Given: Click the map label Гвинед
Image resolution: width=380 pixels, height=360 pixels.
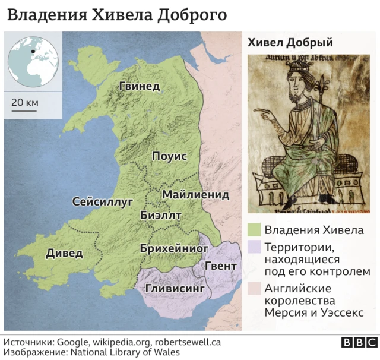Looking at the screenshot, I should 140,86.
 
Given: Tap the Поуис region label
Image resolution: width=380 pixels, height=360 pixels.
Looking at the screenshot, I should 169,156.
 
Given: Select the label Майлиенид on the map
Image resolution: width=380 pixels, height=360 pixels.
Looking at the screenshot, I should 195,194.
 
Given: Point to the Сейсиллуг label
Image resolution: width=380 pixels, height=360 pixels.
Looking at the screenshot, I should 102,201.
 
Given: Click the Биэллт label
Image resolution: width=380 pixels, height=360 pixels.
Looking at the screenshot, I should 161,215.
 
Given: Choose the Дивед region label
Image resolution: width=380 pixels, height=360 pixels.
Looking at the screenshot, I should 64,253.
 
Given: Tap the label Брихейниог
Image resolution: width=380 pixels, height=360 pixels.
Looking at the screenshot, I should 170,247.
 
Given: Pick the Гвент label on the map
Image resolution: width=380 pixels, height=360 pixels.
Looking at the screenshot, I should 221,266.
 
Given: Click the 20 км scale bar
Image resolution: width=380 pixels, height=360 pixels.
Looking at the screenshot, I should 25,109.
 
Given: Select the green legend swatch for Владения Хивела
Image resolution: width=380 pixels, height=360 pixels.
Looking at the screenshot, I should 255,230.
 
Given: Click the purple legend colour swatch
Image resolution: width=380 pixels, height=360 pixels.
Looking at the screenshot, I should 255,247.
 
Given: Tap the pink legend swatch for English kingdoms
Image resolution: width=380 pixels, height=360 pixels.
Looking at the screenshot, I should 255,288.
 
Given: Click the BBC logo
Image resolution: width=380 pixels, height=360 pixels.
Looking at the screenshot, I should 359,343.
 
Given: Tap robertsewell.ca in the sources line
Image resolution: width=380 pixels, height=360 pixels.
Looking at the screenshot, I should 188,342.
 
